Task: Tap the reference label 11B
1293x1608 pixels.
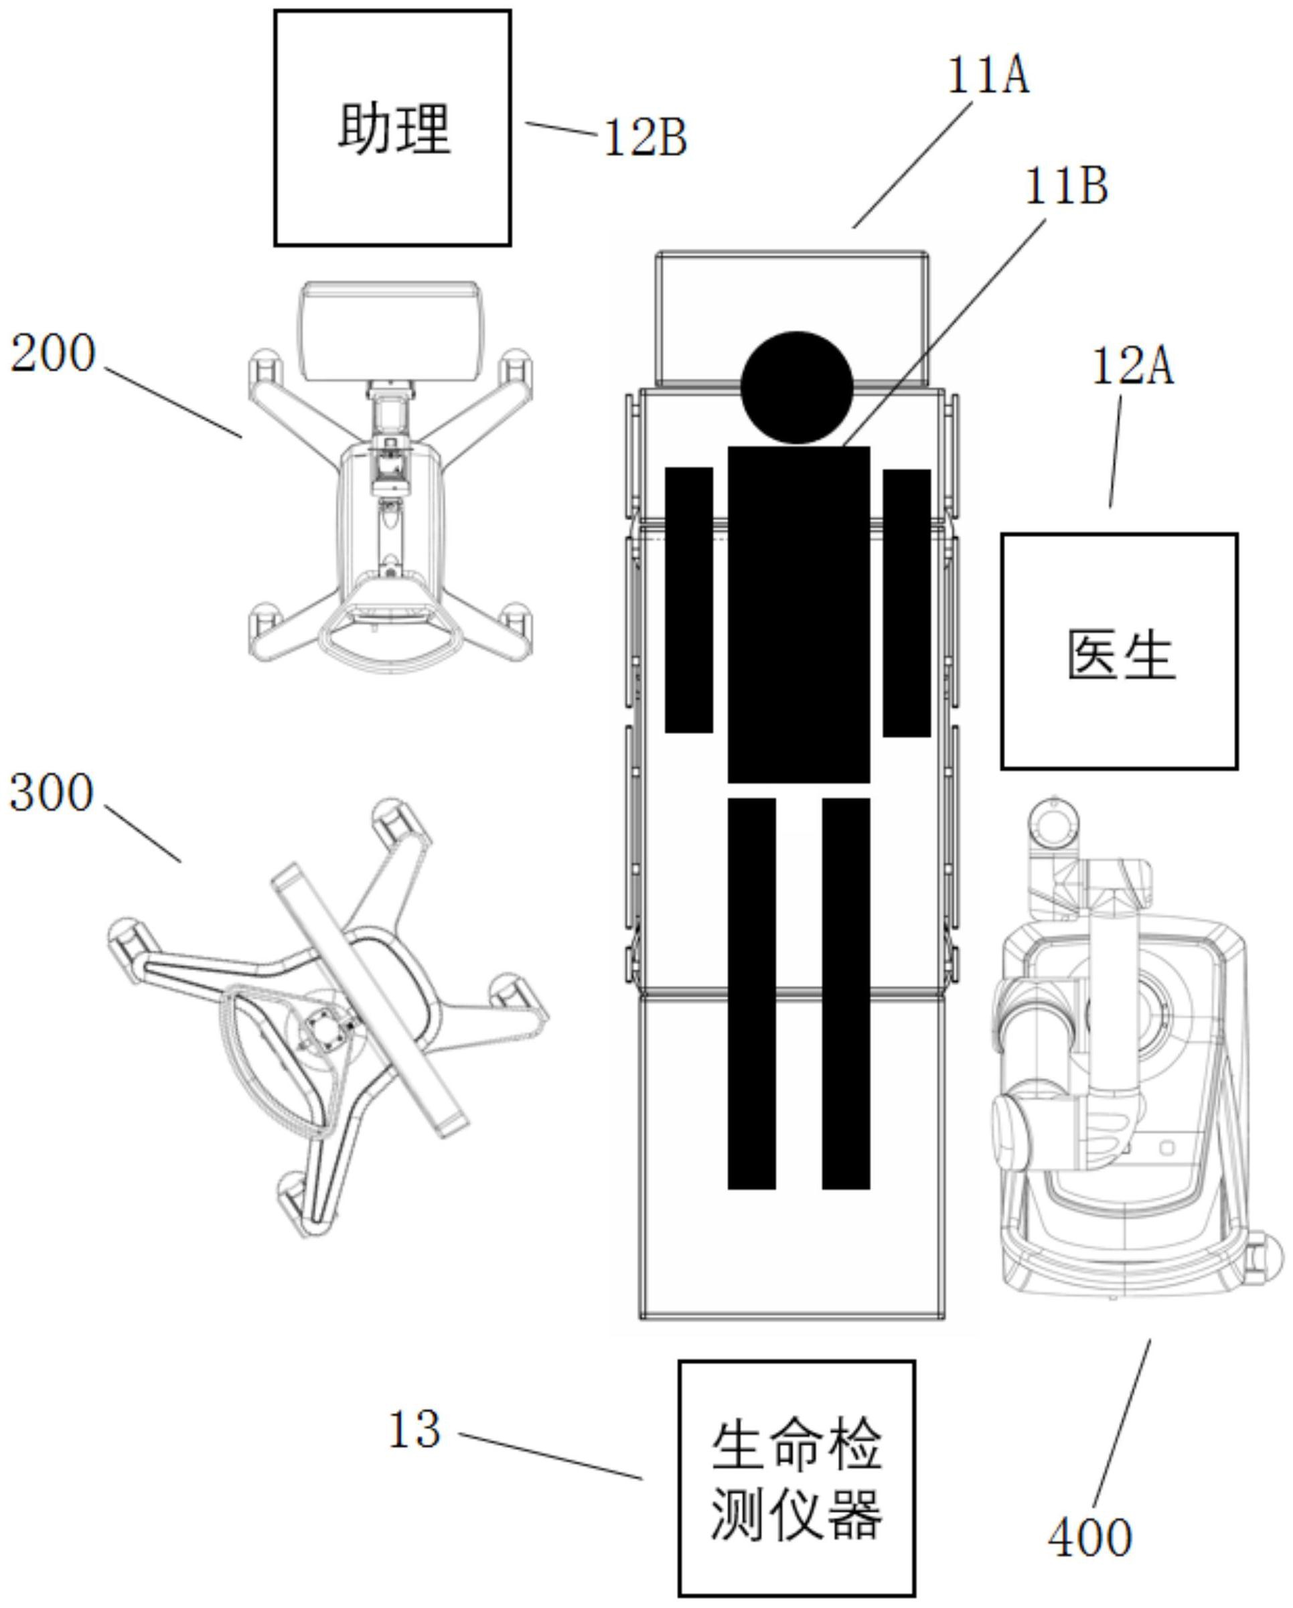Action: (1066, 186)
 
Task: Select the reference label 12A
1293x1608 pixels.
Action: (1132, 367)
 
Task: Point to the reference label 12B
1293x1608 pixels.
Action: (644, 139)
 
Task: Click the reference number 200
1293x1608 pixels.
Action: (53, 354)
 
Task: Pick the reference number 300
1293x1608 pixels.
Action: (52, 792)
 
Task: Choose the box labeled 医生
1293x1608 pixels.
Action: (1118, 651)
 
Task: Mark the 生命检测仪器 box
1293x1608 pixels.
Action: (796, 1481)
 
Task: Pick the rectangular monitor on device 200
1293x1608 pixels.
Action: (389, 330)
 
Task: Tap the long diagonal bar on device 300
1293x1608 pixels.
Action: (370, 999)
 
